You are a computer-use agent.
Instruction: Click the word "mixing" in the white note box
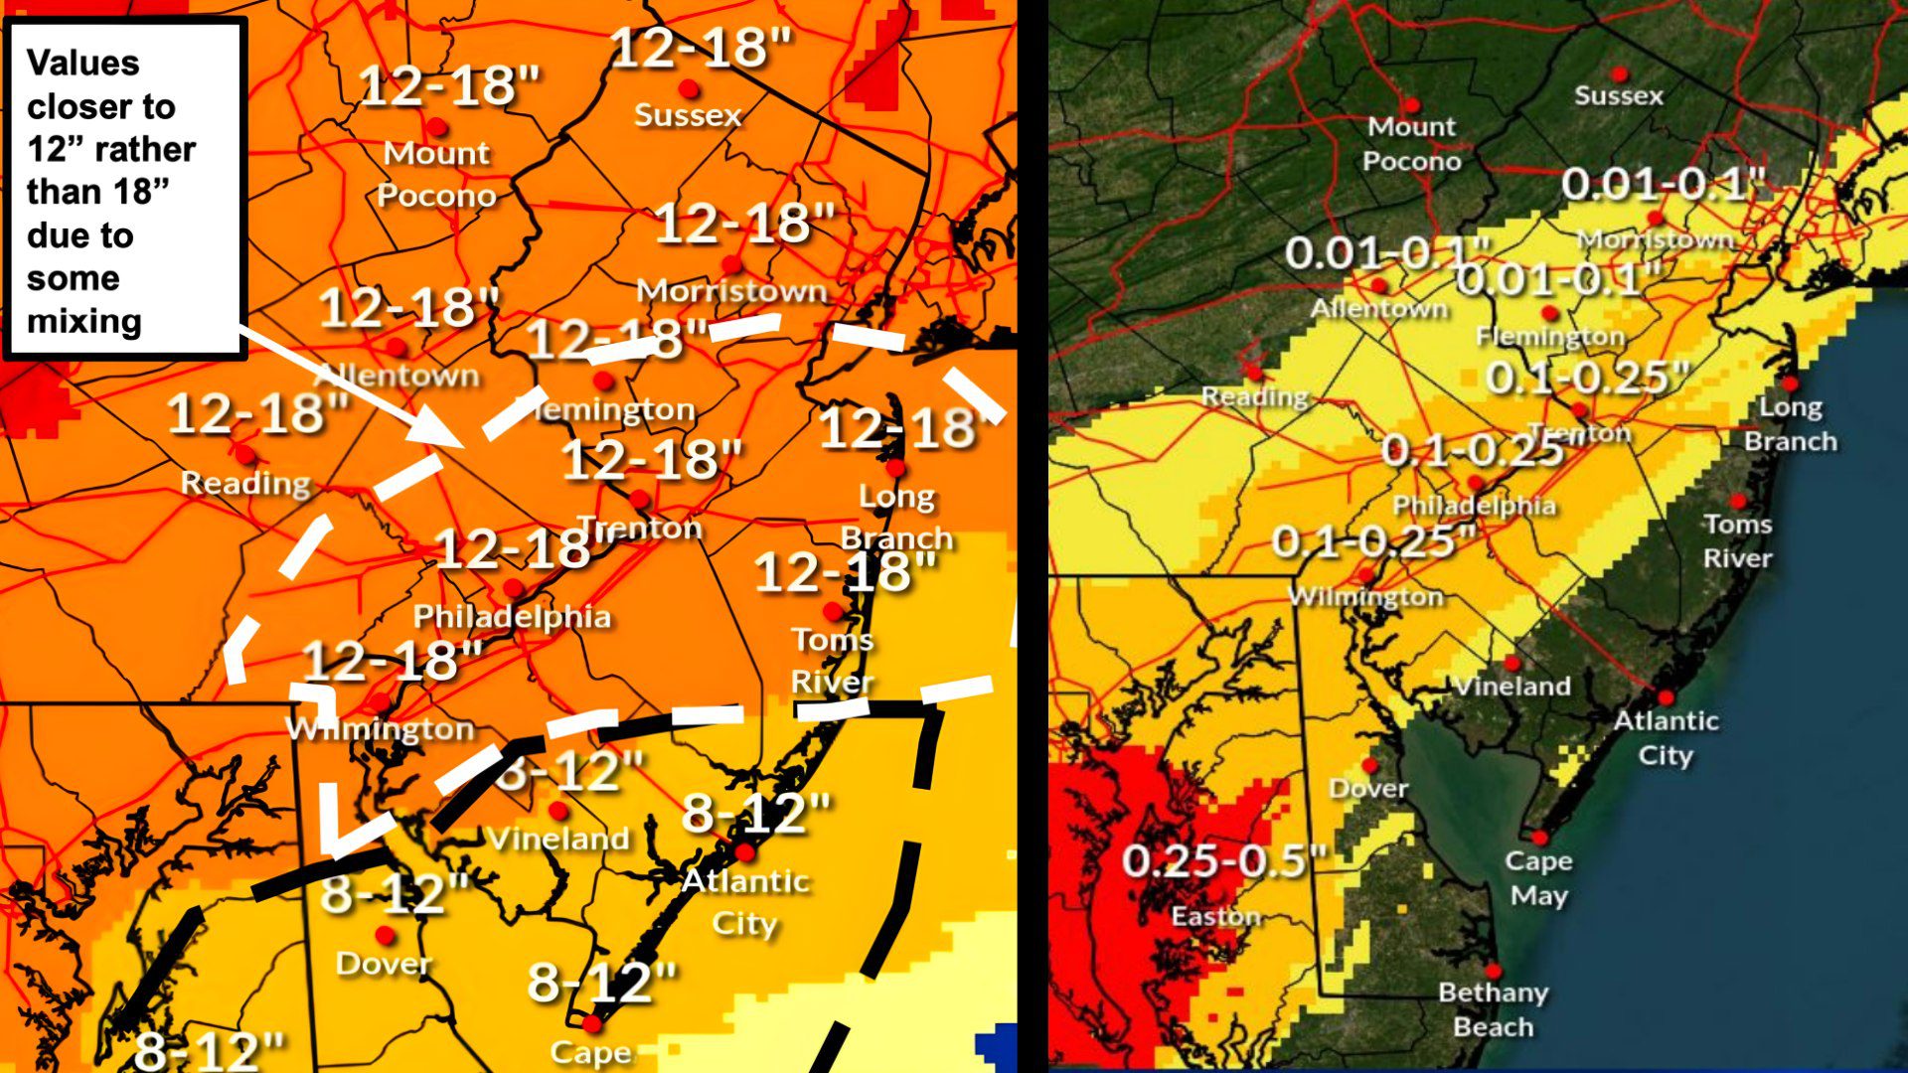click(x=84, y=322)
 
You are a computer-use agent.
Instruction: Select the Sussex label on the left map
click(x=688, y=115)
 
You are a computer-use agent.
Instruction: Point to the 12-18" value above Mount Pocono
click(x=449, y=85)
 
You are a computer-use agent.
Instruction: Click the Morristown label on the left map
click(x=731, y=290)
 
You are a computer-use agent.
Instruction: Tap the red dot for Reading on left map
click(x=244, y=455)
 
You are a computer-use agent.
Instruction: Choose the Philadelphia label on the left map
click(x=512, y=616)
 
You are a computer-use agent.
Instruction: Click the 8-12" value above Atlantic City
click(x=756, y=814)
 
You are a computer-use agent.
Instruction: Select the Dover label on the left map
click(x=384, y=963)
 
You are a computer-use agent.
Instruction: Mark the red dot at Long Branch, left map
click(x=895, y=467)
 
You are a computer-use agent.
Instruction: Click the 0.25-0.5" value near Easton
click(x=1223, y=860)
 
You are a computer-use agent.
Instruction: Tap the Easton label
click(x=1215, y=916)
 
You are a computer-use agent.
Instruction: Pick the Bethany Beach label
click(x=1493, y=1009)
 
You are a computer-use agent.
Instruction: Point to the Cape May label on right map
click(x=1538, y=878)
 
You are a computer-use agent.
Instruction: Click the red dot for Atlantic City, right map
click(x=1667, y=697)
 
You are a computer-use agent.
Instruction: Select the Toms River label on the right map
click(x=1737, y=540)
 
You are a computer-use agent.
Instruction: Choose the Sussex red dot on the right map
click(x=1620, y=75)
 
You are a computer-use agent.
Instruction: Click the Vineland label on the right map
click(x=1511, y=686)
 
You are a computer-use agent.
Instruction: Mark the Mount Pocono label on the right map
click(x=1411, y=144)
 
